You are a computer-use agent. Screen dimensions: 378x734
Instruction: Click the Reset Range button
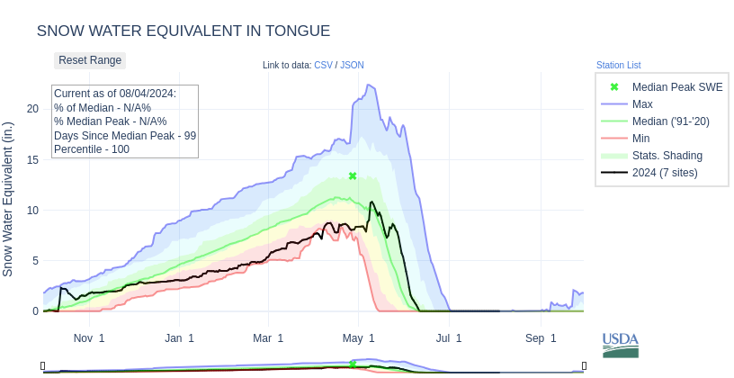click(90, 60)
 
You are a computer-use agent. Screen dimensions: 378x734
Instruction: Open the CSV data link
click(323, 65)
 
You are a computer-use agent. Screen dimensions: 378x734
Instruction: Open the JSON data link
click(352, 65)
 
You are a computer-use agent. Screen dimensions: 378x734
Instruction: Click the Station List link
click(618, 65)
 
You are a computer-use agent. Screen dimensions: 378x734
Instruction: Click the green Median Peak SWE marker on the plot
click(353, 175)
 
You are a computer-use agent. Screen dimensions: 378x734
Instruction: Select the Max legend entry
click(642, 104)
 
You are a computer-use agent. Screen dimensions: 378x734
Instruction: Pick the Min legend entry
click(640, 139)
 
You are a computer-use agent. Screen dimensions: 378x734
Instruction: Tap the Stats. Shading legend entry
click(667, 156)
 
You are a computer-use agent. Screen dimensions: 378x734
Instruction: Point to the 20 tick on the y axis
click(33, 109)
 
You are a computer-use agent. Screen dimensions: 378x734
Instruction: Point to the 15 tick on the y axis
click(33, 160)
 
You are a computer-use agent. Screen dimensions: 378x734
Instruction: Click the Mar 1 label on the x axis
click(268, 338)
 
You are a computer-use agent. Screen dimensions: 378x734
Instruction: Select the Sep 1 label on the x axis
click(541, 338)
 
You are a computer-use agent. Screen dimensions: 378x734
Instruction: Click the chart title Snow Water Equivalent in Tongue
click(183, 31)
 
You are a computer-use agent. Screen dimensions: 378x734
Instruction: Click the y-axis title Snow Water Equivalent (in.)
click(8, 199)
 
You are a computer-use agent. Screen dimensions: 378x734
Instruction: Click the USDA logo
click(621, 345)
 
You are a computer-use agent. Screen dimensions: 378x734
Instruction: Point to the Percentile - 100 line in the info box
click(92, 149)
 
